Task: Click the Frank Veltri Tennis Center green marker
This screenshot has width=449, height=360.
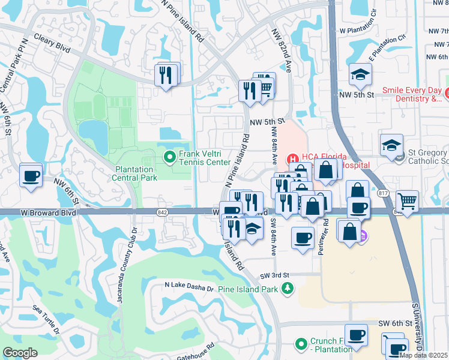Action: [x=170, y=157]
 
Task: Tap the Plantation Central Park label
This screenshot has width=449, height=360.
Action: [x=136, y=173]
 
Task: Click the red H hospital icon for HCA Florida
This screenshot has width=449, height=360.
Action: [x=293, y=158]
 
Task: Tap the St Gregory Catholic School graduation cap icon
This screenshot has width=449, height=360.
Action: [x=391, y=145]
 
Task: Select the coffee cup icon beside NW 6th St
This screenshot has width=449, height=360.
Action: [x=31, y=175]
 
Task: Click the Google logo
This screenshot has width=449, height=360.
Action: [x=20, y=353]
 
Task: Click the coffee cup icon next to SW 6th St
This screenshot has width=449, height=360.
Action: [x=356, y=334]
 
